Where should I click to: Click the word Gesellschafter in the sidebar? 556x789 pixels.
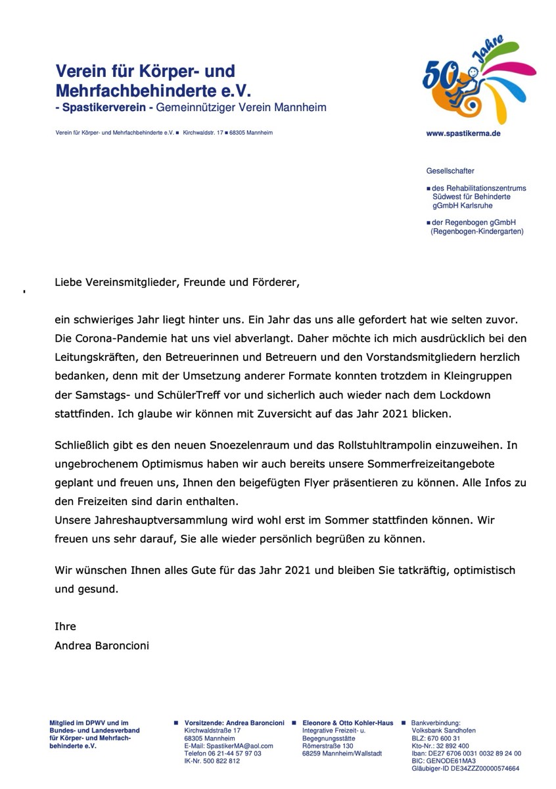coord(450,171)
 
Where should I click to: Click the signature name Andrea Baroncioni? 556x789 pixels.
coord(102,645)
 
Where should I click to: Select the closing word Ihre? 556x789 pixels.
coord(65,626)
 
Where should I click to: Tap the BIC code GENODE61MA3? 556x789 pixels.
coord(450,761)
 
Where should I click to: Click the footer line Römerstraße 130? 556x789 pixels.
coord(328,746)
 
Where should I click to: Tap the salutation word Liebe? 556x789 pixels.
coord(68,283)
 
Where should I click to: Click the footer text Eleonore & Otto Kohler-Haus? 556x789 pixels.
coord(348,723)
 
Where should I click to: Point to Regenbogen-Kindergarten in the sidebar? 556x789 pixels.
coord(476,231)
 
